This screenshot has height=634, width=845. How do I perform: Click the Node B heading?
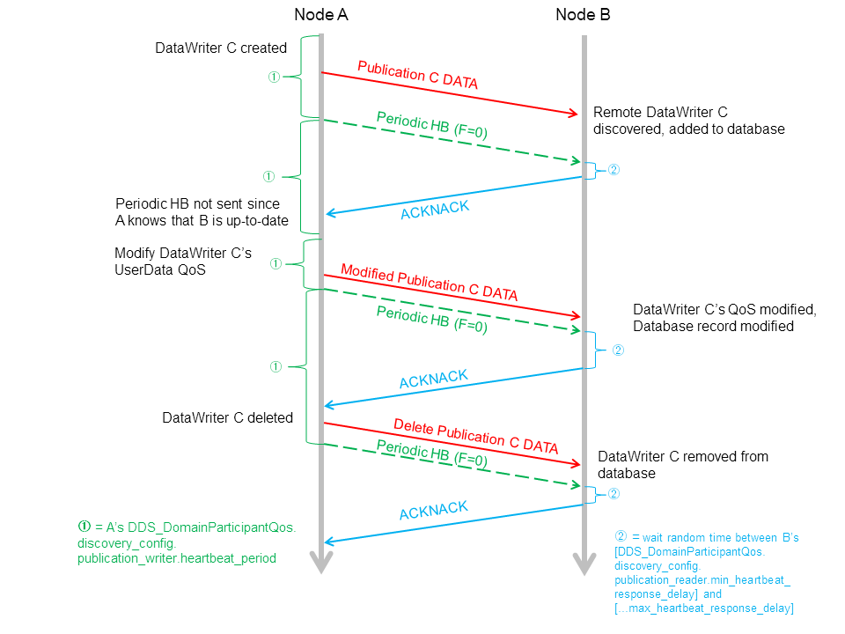click(583, 15)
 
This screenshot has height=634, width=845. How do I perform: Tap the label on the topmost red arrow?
click(417, 77)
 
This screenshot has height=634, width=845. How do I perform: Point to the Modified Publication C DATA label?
click(429, 283)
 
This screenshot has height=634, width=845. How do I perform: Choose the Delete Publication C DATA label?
click(475, 436)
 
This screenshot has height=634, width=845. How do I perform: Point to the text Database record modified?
click(713, 326)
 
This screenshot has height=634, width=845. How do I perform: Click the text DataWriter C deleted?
click(227, 417)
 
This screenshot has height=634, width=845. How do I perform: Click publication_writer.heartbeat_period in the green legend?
click(176, 558)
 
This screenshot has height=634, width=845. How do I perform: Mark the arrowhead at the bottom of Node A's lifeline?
click(321, 564)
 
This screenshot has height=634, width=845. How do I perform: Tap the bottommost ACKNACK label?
click(433, 512)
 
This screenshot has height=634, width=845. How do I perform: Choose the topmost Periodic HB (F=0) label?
click(431, 126)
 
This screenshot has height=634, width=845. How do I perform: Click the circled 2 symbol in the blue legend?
click(621, 536)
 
